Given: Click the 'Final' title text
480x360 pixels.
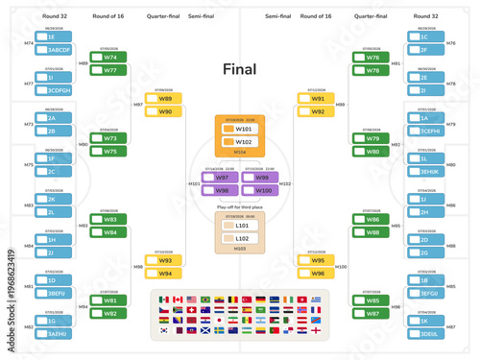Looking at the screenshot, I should click(239, 69).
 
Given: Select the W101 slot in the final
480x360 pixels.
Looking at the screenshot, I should click(243, 128).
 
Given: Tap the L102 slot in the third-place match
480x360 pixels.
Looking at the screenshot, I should click(243, 238).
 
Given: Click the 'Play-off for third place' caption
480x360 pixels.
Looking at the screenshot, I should click(239, 206).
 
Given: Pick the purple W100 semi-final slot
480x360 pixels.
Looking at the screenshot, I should click(263, 190).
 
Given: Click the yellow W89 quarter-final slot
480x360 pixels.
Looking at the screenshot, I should click(165, 99).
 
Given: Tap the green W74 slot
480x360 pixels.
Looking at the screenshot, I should click(109, 58).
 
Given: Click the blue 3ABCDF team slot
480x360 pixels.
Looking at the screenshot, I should click(57, 49).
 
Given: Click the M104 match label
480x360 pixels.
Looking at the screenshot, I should click(239, 152).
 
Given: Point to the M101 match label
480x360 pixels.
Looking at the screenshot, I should click(194, 183).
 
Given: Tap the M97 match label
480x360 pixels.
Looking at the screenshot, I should click(138, 104).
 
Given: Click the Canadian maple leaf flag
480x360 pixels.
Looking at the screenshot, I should click(178, 300).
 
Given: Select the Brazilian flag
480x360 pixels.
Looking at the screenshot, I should click(205, 300).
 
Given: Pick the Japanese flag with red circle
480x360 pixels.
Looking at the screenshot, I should click(220, 320).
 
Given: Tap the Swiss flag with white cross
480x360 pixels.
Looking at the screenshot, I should click(191, 310).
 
